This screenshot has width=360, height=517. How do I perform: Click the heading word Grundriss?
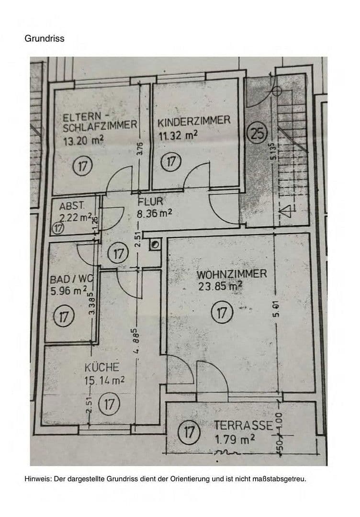(44, 38)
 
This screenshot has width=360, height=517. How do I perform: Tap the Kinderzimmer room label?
(194, 121)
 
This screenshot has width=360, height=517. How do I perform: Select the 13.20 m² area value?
(83, 141)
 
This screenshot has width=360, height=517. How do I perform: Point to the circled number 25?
(257, 134)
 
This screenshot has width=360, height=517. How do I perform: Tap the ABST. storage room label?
(72, 207)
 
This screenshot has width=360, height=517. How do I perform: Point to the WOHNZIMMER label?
(232, 275)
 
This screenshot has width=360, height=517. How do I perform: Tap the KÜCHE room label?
(101, 368)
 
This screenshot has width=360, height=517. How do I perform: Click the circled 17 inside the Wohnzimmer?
(221, 314)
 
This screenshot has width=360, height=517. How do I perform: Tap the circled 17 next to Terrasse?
(189, 433)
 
